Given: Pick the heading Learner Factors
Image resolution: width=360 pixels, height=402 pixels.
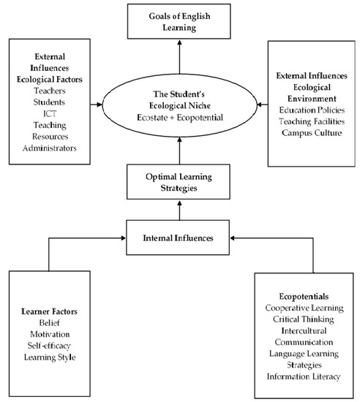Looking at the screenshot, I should [50, 312].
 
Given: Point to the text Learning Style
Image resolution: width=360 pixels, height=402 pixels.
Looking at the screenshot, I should [50, 358].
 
